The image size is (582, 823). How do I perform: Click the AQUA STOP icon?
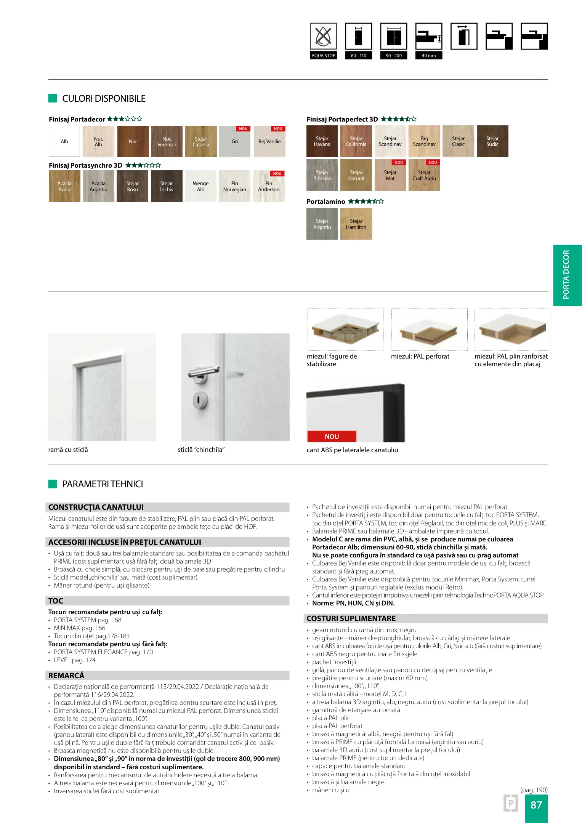pyautogui.click(x=323, y=37)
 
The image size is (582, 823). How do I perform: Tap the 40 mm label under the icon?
pyautogui.click(x=429, y=56)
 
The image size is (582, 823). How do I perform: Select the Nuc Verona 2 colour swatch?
pyautogui.click(x=167, y=141)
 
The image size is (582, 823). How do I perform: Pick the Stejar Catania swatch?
pyautogui.click(x=201, y=141)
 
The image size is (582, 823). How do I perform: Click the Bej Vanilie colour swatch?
pyautogui.click(x=269, y=141)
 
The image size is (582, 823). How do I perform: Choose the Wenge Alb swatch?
pyautogui.click(x=200, y=186)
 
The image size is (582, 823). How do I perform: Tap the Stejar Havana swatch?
pyautogui.click(x=322, y=141)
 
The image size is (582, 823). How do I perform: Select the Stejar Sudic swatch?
pyautogui.click(x=492, y=141)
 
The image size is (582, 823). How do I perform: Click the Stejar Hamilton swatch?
pyautogui.click(x=356, y=224)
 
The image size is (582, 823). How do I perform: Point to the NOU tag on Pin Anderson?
pyautogui.click(x=277, y=174)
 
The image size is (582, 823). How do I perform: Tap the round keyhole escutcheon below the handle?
pyautogui.click(x=200, y=399)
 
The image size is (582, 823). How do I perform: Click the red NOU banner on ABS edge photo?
pyautogui.click(x=332, y=437)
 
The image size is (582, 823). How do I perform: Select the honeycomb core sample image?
pyautogui.click(x=345, y=329)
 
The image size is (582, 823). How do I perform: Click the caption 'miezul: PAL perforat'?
pyautogui.click(x=420, y=356)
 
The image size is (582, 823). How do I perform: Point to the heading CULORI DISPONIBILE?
pyautogui.click(x=104, y=99)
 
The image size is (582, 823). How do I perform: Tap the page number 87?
pyautogui.click(x=536, y=805)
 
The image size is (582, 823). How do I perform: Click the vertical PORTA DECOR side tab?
pyautogui.click(x=566, y=275)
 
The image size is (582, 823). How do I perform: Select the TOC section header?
pyautogui.click(x=56, y=601)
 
